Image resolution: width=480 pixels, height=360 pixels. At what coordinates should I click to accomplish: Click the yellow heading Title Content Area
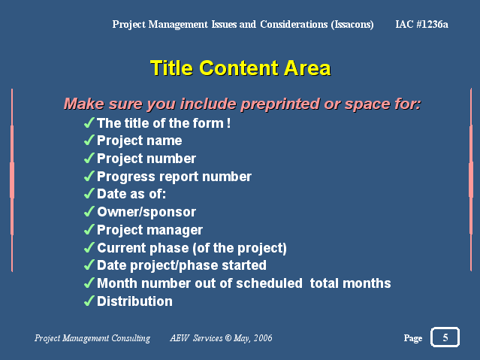coord(240,68)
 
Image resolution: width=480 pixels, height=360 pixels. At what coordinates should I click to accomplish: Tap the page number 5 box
coord(445,337)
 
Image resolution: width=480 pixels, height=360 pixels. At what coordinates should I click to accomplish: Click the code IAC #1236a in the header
coord(421,24)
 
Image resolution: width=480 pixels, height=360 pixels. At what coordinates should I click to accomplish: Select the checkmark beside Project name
coord(89,141)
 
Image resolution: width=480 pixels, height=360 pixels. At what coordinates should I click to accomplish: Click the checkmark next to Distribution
coord(89,301)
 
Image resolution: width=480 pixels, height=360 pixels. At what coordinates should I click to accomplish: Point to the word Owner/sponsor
coord(146,212)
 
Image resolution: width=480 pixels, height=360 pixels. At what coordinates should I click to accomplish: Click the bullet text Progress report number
coord(174,177)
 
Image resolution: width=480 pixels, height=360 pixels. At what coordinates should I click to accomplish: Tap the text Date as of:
coord(131,194)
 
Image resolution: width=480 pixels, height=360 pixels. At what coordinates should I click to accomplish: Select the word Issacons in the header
coord(352,24)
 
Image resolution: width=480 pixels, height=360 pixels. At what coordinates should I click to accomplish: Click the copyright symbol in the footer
coord(228,337)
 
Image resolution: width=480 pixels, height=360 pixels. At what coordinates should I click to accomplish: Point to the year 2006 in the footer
coord(263,338)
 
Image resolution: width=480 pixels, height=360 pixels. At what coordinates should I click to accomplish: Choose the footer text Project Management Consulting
coord(92,338)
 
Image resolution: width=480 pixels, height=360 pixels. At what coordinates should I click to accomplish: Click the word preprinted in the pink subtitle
coord(280,104)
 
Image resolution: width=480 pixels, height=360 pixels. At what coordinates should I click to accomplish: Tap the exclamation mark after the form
coord(228,123)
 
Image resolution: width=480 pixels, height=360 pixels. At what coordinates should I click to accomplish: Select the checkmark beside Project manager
coord(89,229)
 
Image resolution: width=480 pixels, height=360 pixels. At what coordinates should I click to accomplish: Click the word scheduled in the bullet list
coord(270,283)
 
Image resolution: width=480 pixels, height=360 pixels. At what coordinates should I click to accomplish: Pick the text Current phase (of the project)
coord(192,248)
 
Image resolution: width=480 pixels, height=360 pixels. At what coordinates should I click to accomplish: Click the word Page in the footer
coord(413,338)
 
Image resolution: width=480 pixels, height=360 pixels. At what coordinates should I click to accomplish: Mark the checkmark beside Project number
coord(89,159)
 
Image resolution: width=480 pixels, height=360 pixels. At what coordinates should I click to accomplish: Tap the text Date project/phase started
coord(182,265)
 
